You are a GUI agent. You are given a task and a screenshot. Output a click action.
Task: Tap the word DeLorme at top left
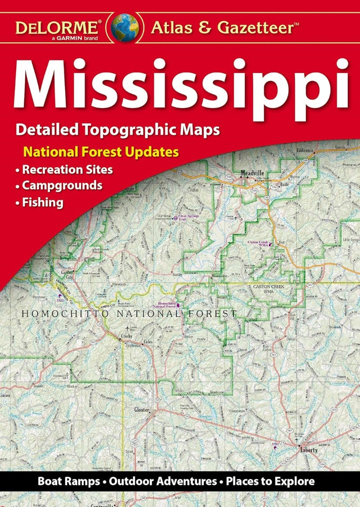tap(58, 27)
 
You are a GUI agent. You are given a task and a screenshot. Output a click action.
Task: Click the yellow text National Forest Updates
tap(101, 152)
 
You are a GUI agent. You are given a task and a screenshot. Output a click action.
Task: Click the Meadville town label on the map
tap(253, 173)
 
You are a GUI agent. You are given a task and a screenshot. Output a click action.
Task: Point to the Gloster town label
tap(141, 410)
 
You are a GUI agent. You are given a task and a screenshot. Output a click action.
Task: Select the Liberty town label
tap(309, 449)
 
